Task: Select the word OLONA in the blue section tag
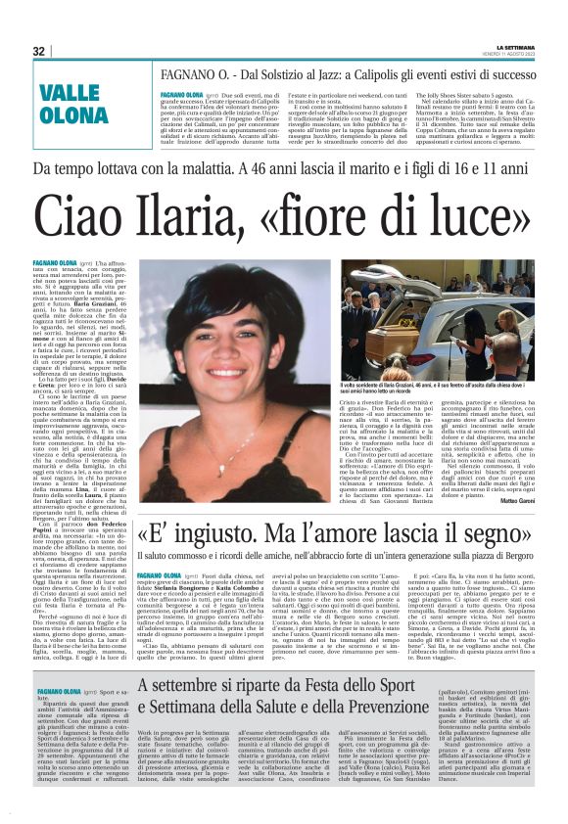pyautogui.click(x=73, y=117)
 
